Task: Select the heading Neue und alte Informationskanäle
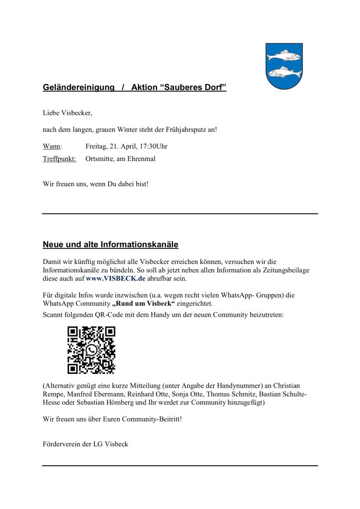[110, 245]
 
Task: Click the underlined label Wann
[52, 146]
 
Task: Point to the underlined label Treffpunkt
[59, 159]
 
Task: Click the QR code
[91, 350]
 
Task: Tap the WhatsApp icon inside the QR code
[91, 350]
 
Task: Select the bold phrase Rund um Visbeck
[143, 304]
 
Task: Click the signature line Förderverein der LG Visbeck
[86, 444]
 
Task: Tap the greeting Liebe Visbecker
[68, 113]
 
